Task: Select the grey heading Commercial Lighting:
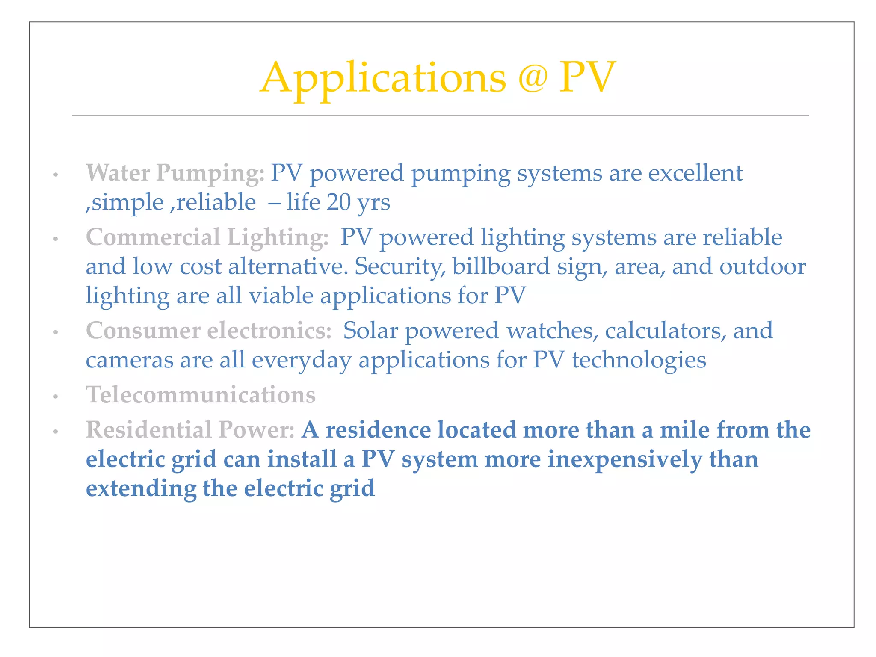[207, 237]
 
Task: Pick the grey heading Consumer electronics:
[209, 331]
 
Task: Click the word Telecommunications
[201, 395]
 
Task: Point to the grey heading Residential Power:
[190, 430]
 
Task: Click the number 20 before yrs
[338, 202]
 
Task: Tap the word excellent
[695, 173]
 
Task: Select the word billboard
[501, 266]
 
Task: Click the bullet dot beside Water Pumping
[55, 175]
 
